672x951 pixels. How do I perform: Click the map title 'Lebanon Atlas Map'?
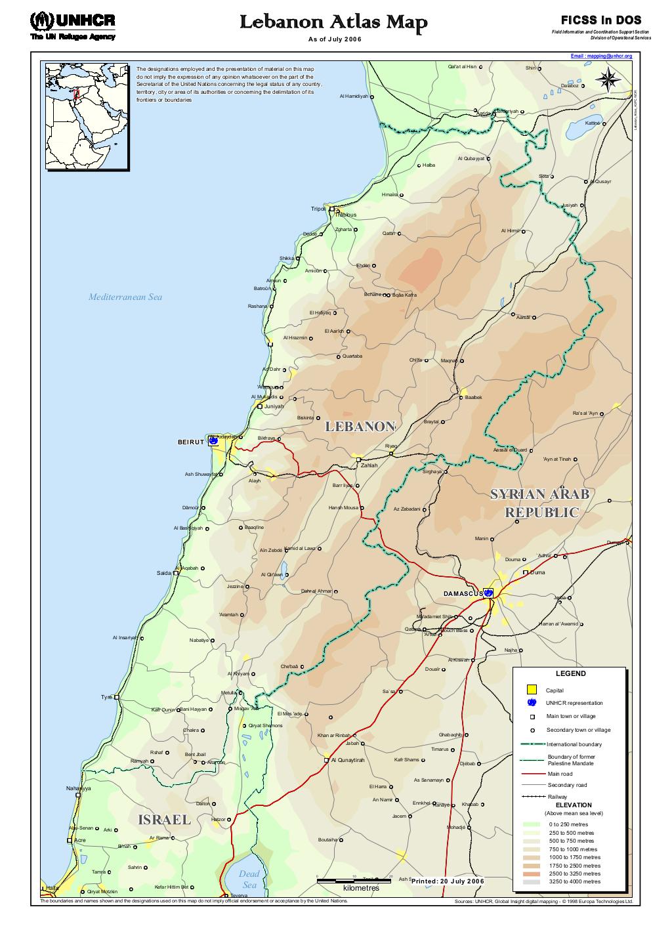pos(333,24)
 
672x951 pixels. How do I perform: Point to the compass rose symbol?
pos(608,80)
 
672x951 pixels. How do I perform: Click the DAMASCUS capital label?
pos(463,593)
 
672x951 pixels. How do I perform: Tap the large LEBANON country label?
pos(360,427)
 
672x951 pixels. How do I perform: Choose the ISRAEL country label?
pos(164,820)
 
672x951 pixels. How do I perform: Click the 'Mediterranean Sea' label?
pos(125,297)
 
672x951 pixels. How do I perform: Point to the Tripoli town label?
pos(318,209)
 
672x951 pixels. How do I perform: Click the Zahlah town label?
pos(369,465)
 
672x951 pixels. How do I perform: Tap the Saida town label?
pos(163,573)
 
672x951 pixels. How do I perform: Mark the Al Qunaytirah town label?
pos(347,760)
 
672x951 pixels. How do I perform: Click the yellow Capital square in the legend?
pos(532,690)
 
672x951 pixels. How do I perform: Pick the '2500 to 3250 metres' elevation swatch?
pos(532,874)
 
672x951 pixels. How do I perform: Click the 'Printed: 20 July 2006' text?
pos(448,881)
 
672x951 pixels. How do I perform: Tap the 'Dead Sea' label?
pos(249,879)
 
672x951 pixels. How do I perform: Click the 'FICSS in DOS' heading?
pos(600,20)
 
